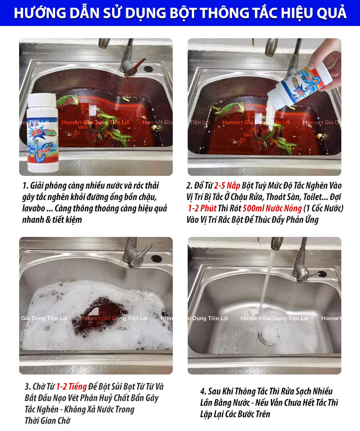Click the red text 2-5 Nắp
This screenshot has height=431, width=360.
(x=227, y=185)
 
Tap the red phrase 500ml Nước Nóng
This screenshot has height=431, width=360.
(x=272, y=208)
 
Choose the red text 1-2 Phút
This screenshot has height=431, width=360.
(x=202, y=208)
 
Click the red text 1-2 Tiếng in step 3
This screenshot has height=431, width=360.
(x=72, y=386)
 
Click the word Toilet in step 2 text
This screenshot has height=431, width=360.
(x=312, y=197)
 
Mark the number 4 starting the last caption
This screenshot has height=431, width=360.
(x=202, y=391)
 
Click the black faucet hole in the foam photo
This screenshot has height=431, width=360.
(x=156, y=259)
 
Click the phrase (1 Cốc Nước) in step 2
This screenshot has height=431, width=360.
(x=324, y=208)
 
